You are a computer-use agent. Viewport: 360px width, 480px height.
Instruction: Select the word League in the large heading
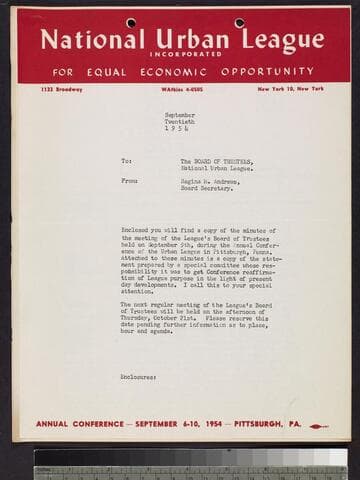[273, 40]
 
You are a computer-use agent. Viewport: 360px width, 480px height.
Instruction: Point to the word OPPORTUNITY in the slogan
[268, 72]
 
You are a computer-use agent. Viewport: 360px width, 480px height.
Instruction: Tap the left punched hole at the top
[131, 22]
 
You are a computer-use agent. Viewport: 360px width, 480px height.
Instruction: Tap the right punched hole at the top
[239, 22]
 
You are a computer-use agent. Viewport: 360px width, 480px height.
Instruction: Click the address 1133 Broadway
[62, 90]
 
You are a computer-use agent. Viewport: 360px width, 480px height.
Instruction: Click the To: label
[126, 161]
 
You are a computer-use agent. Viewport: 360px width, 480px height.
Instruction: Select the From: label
[129, 181]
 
